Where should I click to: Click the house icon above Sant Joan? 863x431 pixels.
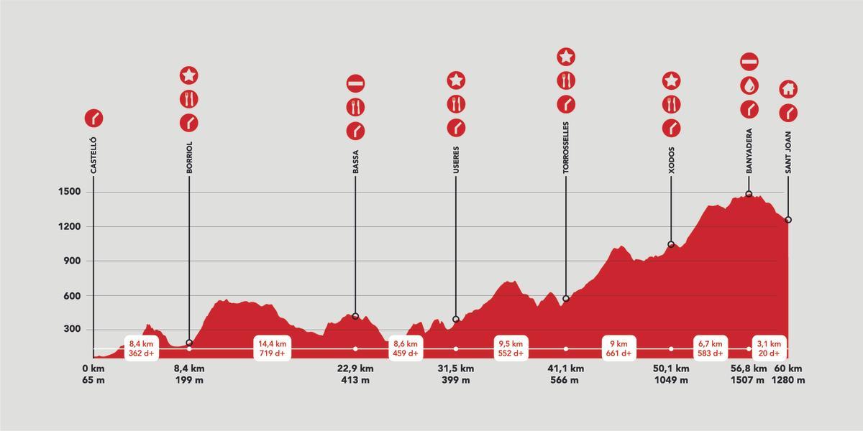tap(788, 89)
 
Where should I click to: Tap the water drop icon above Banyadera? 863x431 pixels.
tap(749, 85)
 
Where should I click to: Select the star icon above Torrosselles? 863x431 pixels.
tap(566, 56)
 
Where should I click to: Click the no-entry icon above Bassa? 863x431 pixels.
tap(355, 83)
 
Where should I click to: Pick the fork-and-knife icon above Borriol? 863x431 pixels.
tap(189, 99)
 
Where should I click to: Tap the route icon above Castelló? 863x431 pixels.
tap(93, 118)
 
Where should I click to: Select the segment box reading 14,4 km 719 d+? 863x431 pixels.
tap(273, 348)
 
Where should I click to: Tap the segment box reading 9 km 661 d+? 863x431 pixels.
tap(618, 348)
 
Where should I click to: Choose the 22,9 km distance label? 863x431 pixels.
tap(355, 369)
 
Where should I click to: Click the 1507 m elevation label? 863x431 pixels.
tap(748, 381)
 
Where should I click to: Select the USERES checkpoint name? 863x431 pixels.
tap(456, 160)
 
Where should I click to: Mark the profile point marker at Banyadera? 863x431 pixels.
tap(749, 194)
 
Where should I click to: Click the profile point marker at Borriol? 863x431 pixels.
tap(189, 343)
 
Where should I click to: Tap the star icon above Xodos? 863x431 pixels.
tap(671, 80)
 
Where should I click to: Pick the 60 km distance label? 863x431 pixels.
tap(788, 369)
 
